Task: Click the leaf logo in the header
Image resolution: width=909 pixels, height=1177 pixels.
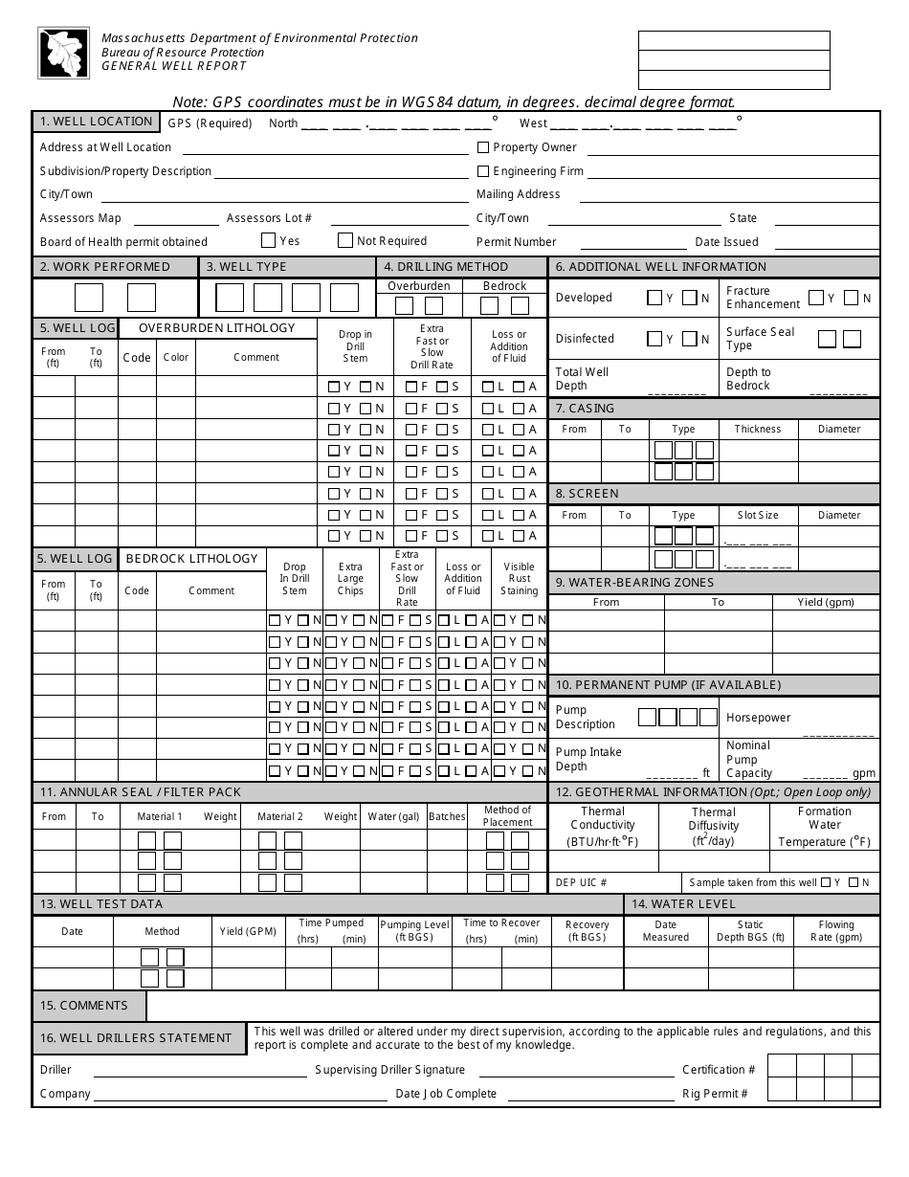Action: pyautogui.click(x=63, y=53)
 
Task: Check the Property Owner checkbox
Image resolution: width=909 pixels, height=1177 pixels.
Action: pyautogui.click(x=483, y=147)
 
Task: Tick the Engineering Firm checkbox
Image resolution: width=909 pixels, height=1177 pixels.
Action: pyautogui.click(x=483, y=171)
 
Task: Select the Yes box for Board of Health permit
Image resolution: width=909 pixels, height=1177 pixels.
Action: pyautogui.click(x=269, y=241)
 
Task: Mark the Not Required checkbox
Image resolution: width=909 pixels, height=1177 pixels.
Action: pyautogui.click(x=345, y=241)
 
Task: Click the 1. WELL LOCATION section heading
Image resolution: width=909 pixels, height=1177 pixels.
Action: pyautogui.click(x=96, y=122)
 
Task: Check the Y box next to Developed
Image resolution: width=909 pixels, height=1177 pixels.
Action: pyautogui.click(x=654, y=298)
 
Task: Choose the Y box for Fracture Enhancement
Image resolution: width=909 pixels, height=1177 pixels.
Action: pyautogui.click(x=816, y=298)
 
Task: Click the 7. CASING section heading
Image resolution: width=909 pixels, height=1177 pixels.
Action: pyautogui.click(x=586, y=409)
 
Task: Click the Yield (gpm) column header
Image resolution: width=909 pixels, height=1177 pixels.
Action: pyautogui.click(x=826, y=602)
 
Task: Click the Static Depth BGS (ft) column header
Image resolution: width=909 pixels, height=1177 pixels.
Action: pyautogui.click(x=751, y=931)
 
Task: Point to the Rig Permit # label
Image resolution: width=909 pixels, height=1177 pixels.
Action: pyautogui.click(x=715, y=1094)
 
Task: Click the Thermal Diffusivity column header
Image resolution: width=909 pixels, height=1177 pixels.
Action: pyautogui.click(x=714, y=827)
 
